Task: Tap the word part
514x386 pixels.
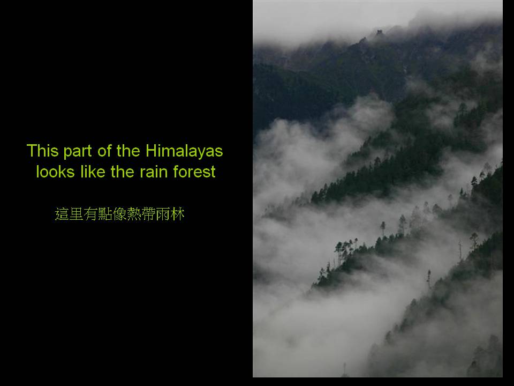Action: [77, 152]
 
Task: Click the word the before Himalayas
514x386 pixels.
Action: [128, 151]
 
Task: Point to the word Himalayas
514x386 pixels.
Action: [184, 152]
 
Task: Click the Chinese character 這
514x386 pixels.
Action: [62, 214]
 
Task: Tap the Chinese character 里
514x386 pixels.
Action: [76, 214]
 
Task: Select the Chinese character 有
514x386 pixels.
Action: [90, 214]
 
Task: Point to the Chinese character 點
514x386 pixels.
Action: [105, 214]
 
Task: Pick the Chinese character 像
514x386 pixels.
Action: [119, 214]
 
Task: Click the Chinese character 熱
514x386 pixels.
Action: [134, 214]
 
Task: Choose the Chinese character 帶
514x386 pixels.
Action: [148, 214]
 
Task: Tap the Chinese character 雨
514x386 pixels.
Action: [163, 214]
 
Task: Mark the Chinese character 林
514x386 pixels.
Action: [178, 214]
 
